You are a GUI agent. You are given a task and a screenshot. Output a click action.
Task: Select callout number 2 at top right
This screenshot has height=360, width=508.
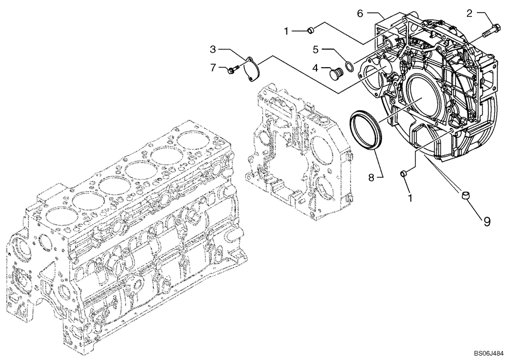[x=470, y=14]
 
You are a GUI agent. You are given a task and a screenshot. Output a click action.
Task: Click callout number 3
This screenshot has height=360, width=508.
[x=214, y=49]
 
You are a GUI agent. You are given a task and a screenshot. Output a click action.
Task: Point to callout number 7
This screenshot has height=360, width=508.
[x=213, y=67]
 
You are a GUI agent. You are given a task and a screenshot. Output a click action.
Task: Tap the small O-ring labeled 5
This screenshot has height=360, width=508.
[x=349, y=65]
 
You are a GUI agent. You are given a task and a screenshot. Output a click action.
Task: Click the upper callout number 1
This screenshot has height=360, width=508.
[x=287, y=32]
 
